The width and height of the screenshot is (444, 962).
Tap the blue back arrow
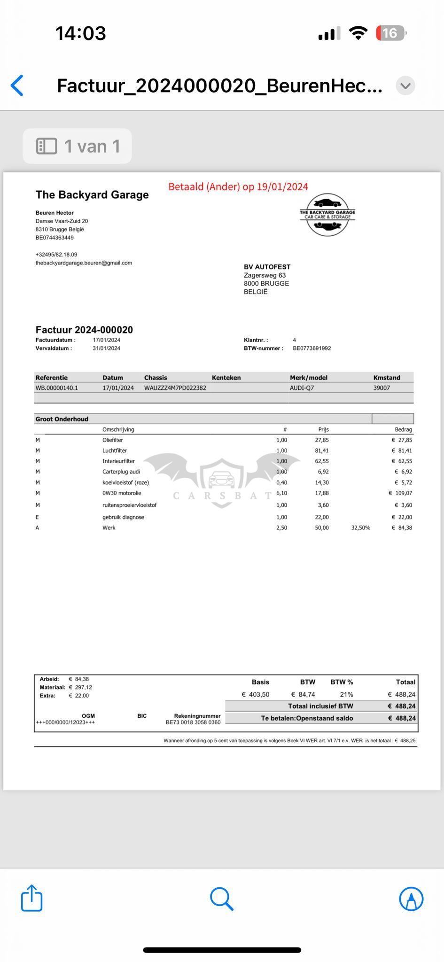point(17,85)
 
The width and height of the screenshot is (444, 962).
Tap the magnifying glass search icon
point(221,898)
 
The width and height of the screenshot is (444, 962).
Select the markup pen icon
point(411,899)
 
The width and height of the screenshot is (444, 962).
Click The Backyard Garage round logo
point(327,215)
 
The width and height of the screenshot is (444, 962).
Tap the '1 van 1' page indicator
point(78,146)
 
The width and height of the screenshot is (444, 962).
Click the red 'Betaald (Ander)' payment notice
point(238,186)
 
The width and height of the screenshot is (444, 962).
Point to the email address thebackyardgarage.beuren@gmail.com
point(84,263)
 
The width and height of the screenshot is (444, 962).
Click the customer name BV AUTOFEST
point(267,267)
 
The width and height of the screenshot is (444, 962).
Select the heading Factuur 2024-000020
point(84,330)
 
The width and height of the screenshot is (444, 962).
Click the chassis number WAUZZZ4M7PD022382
point(175,388)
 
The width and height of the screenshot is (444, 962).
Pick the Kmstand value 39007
point(382,388)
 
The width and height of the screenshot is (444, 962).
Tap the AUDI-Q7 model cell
point(302,388)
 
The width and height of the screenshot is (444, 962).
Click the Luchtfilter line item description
point(115,450)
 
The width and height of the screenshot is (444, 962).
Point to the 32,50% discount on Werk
point(360,528)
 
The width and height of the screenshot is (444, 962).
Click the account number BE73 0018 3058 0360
point(193,722)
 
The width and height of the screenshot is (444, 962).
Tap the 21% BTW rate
point(346,695)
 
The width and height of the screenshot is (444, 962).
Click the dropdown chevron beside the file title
point(405,85)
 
